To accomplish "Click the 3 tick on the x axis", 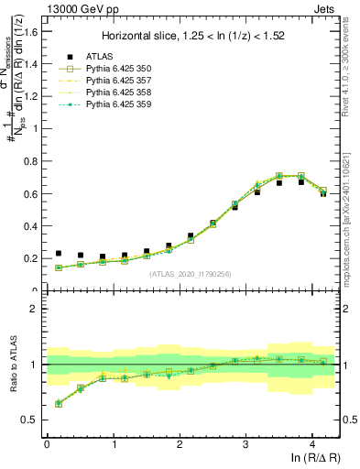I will (x=245, y=445).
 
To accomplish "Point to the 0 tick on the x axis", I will (x=47, y=445).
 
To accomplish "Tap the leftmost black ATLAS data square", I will (x=59, y=253).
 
